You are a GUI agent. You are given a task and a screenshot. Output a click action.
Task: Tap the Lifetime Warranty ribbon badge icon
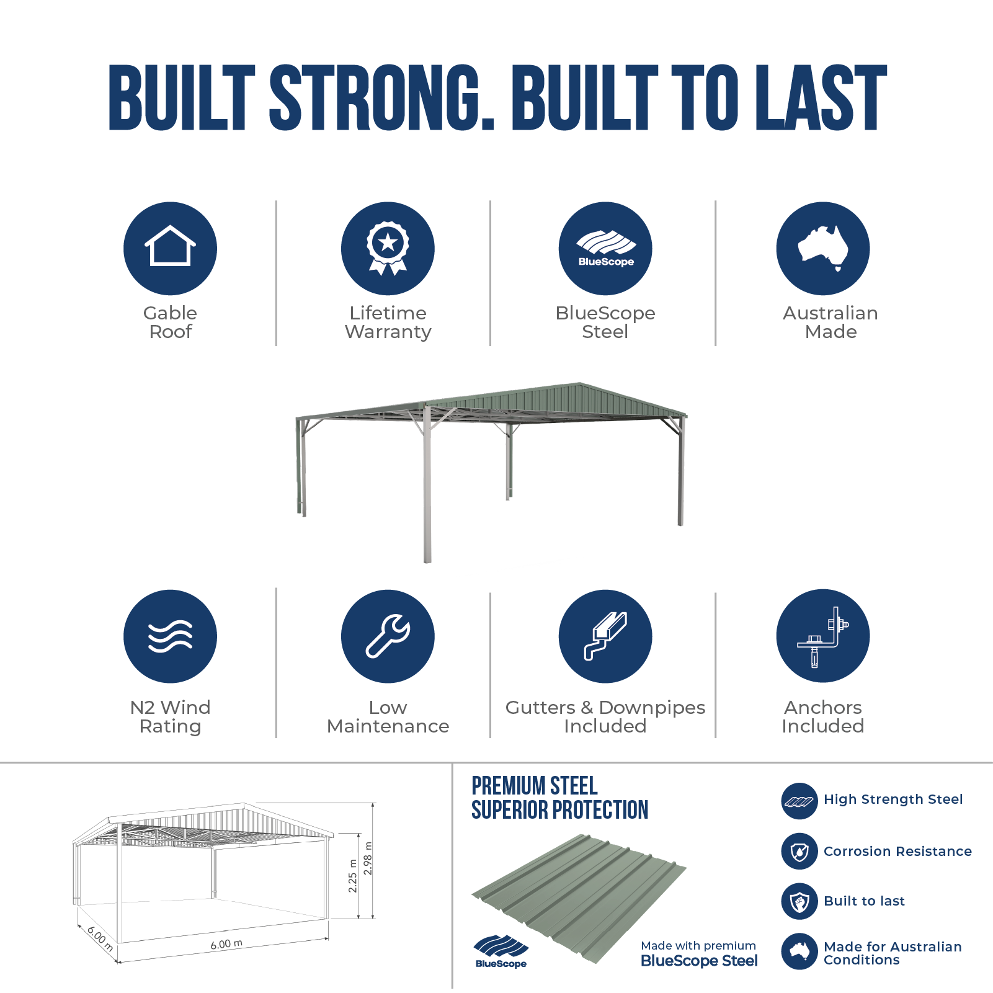pos(388,248)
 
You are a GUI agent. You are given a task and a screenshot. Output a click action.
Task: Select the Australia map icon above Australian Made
pos(823,248)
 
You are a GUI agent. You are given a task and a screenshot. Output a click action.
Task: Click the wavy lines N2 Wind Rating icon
pos(170,636)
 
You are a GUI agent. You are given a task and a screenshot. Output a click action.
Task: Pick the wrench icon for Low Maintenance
pos(388,636)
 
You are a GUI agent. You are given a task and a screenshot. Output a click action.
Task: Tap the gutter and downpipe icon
pos(605,636)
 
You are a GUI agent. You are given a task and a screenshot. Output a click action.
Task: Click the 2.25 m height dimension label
pos(353,876)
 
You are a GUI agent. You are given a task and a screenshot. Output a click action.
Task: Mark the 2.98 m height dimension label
pos(368,858)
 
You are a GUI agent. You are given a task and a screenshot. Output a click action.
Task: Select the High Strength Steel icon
pos(799,801)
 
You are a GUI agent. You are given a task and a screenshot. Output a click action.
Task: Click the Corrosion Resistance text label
pos(897,851)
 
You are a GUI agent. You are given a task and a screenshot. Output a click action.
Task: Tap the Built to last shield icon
pos(799,901)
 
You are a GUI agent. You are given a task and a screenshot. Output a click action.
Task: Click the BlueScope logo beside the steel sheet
pos(501,951)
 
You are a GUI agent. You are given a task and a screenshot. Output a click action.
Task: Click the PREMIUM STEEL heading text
pos(535,786)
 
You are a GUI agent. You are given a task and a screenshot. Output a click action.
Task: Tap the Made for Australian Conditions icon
pos(799,951)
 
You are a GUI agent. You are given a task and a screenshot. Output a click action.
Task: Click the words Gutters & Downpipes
pos(605,707)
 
